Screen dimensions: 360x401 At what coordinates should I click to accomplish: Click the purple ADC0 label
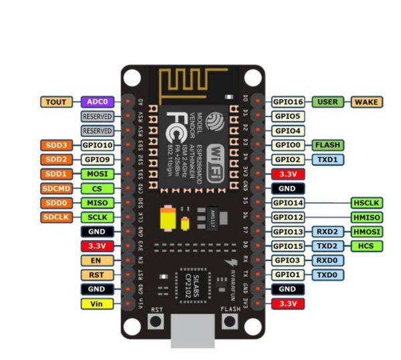98,102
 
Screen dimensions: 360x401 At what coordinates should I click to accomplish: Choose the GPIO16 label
289,102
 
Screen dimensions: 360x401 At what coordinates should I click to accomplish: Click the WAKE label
366,102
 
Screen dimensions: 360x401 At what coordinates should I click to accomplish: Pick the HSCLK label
366,203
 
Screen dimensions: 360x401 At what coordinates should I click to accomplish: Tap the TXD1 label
328,159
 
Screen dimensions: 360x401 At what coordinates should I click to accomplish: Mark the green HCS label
366,246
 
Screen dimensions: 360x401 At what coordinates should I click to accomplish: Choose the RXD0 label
328,260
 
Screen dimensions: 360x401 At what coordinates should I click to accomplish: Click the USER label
328,102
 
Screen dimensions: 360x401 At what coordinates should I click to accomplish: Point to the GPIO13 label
289,232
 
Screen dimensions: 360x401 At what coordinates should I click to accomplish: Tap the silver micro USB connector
192,332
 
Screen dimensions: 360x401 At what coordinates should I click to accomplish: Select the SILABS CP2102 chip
192,280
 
